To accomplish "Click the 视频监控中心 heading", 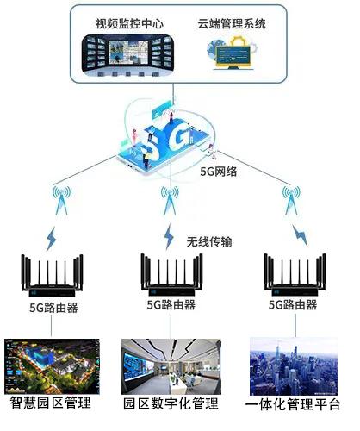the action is click(129, 24).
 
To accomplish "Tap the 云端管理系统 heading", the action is click(232, 24).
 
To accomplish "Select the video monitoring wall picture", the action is click(127, 55).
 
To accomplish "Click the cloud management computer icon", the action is click(232, 53).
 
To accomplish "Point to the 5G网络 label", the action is click(219, 172).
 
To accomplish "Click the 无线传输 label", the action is click(209, 241).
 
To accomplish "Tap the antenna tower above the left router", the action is click(61, 201).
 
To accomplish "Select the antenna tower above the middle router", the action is click(170, 201).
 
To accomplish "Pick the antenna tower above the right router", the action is click(292, 201).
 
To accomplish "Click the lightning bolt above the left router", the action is click(52, 239).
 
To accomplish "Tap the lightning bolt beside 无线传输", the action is click(169, 236).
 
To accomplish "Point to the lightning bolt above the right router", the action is click(300, 235).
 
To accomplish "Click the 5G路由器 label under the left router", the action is click(53, 308).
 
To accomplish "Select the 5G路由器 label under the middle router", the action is click(171, 304).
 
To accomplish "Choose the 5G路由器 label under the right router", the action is click(293, 304).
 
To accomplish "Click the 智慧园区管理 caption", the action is click(51, 403).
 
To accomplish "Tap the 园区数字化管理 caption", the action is click(171, 403).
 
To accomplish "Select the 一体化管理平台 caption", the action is click(293, 404).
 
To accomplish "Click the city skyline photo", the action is click(294, 366).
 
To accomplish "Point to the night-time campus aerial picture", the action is click(52, 366).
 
